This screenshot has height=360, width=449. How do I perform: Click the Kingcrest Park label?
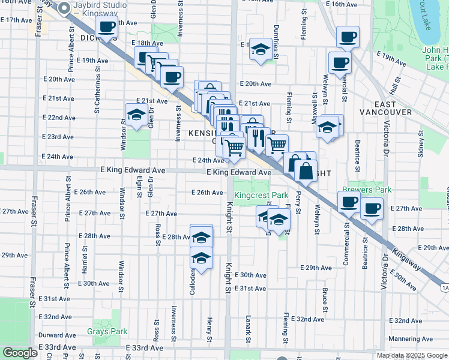pos(261,195)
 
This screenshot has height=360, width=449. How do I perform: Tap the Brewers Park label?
pos(367,190)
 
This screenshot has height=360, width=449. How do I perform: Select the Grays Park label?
pos(107,331)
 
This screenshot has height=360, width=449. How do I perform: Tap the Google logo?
pos(19,353)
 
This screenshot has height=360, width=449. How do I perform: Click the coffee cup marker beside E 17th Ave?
pos(107,27)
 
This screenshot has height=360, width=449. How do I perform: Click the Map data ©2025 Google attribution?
pos(412,355)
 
